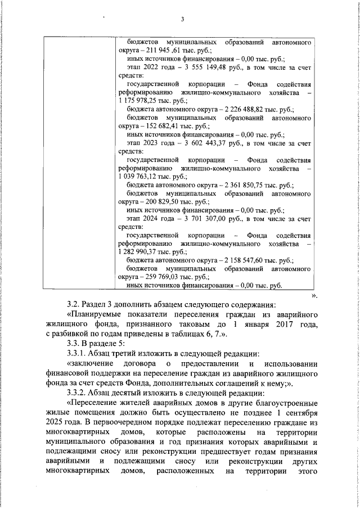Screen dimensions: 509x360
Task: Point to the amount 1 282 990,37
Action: coord(139,252)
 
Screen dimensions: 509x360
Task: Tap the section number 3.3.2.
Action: coord(78,393)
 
